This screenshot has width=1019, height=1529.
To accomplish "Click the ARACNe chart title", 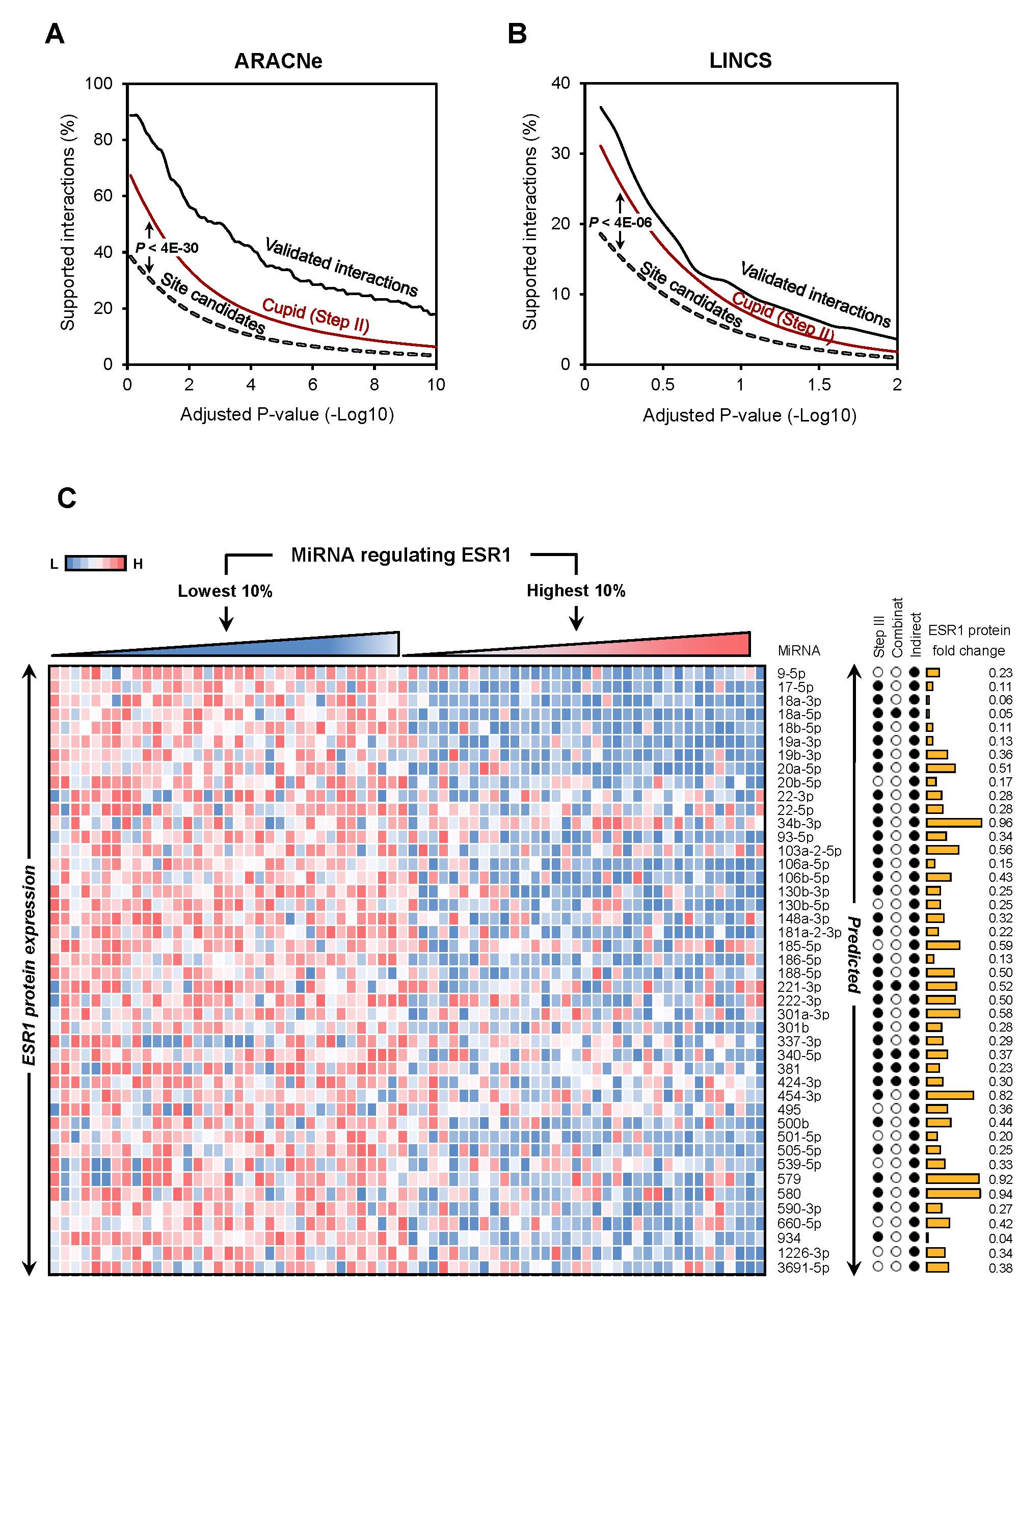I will tap(278, 61).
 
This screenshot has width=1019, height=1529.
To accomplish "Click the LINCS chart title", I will tap(740, 61).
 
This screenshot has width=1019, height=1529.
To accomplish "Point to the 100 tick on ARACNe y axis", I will tap(99, 84).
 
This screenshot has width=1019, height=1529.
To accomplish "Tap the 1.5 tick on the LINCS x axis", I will tap(819, 385).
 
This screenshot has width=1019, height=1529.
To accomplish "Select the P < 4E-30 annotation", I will tap(167, 248).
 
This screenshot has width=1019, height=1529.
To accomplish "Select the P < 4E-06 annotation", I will tap(621, 222).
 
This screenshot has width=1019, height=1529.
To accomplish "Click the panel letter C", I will tap(67, 498).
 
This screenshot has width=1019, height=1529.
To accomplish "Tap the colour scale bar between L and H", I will tap(96, 563).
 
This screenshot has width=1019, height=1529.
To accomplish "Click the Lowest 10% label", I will tap(225, 591).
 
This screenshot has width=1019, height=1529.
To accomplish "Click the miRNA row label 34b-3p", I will tap(799, 824).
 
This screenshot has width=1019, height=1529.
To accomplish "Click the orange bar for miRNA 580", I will tap(953, 1193).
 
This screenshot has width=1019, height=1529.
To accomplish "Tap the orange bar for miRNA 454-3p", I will tap(950, 1095).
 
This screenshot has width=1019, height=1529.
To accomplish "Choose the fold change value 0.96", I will tap(1000, 824).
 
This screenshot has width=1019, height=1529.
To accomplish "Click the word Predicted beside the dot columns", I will tap(854, 955).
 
